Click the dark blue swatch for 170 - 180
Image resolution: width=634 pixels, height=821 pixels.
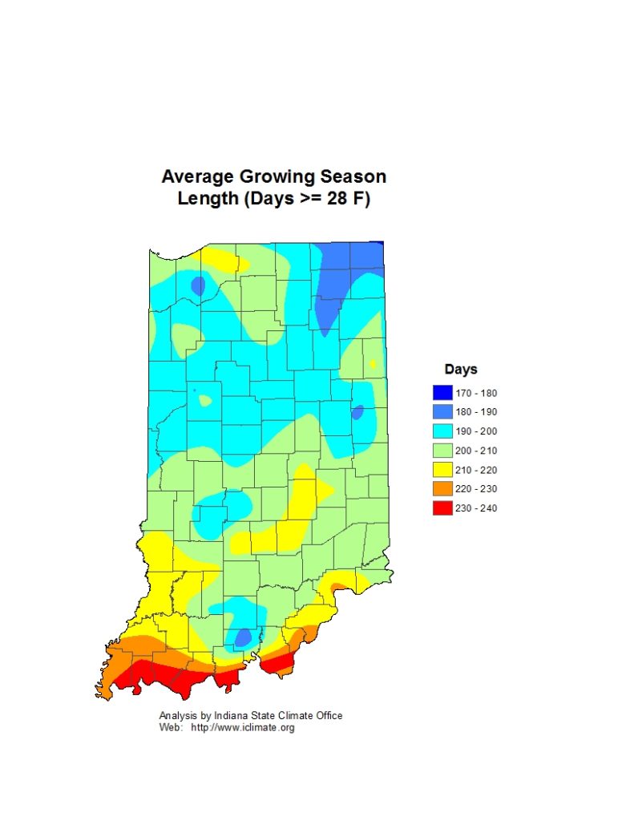pos(442,393)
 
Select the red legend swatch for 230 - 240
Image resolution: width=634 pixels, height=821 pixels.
pos(442,508)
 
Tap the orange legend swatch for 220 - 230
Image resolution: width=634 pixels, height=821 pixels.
pos(442,489)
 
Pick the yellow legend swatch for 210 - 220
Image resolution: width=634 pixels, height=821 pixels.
pos(442,470)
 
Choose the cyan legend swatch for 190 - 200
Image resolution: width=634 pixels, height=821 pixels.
pos(442,431)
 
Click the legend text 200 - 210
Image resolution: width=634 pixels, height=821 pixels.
pos(476,451)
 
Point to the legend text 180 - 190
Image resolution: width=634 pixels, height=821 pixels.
pos(476,412)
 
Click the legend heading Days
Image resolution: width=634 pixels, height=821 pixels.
pos(461,370)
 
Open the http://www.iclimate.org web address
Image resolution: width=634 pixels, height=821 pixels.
pos(242,727)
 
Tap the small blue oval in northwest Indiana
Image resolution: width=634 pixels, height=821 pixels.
pos(197,285)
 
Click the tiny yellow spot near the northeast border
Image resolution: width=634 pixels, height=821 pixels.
pos(374,364)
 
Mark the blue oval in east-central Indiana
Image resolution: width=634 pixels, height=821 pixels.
pos(357,412)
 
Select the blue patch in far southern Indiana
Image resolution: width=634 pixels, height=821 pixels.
pos(242,637)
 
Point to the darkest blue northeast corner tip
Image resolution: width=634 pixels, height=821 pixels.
pos(382,243)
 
